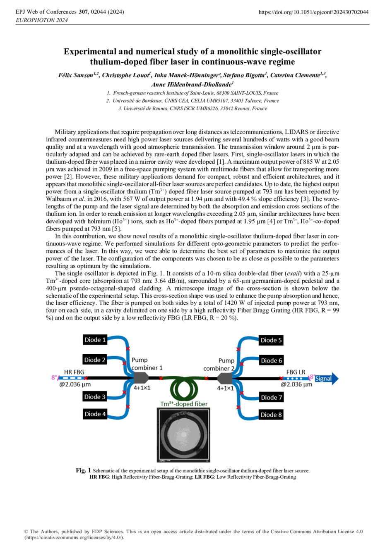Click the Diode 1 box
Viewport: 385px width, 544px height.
point(95,340)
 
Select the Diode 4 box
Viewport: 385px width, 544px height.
point(95,414)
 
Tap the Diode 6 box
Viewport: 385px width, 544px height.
point(271,360)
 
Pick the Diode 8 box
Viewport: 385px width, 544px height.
point(271,415)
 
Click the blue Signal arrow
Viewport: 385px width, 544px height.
point(326,378)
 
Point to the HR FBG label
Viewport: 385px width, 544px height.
point(74,372)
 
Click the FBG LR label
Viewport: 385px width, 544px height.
point(296,372)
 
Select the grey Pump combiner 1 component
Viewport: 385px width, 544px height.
point(141,378)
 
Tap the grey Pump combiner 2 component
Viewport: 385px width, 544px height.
point(224,379)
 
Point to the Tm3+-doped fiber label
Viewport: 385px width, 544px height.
point(184,404)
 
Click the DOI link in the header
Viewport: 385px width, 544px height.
point(313,12)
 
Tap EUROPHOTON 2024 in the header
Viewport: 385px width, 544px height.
point(41,20)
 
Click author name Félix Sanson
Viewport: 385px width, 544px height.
point(76,75)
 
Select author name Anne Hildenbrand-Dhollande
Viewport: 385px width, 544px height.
point(191,84)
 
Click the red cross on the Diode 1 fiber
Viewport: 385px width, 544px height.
point(128,349)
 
